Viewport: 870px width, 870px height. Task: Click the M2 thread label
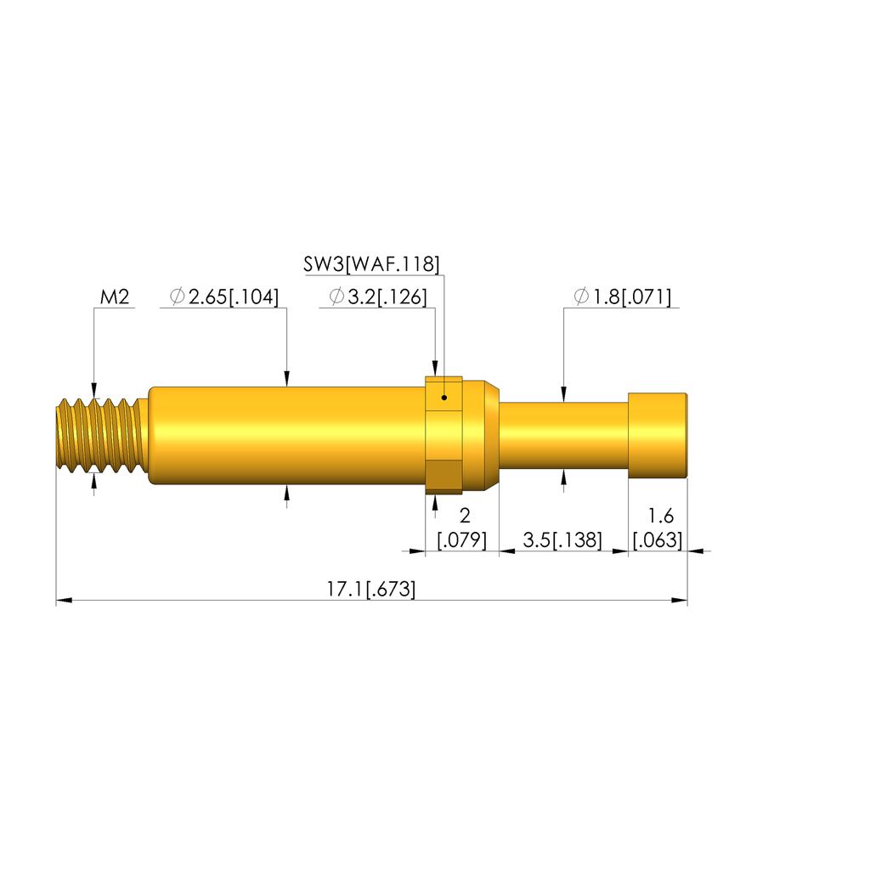click(x=115, y=297)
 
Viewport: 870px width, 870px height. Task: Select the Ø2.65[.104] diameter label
click(x=224, y=297)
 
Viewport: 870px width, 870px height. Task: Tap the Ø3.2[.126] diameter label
click(x=378, y=297)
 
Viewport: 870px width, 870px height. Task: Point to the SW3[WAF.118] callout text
click(x=371, y=264)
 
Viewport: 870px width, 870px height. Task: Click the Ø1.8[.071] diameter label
click(x=623, y=297)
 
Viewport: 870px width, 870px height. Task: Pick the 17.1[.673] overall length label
click(x=370, y=589)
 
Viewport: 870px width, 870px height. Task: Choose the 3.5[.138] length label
click(x=562, y=540)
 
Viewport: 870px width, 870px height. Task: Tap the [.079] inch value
click(x=462, y=540)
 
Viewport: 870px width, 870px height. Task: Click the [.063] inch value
click(x=658, y=540)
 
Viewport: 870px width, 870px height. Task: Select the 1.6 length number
click(x=660, y=516)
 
